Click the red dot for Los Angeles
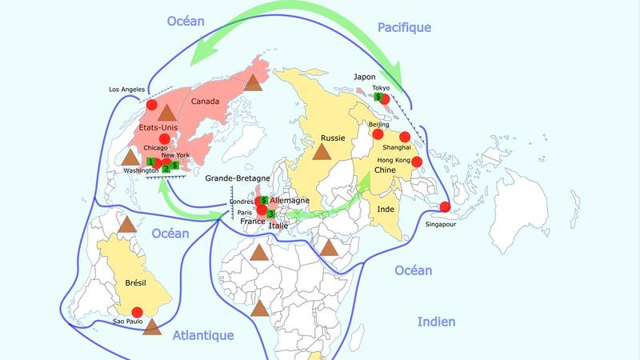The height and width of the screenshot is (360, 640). (151, 105)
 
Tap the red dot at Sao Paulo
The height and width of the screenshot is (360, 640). (137, 312)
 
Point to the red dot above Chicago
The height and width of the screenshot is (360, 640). (165, 139)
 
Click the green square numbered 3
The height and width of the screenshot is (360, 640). (270, 214)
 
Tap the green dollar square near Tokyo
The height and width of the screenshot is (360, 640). (378, 96)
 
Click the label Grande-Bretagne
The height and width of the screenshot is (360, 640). (238, 178)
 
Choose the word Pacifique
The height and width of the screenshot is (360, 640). (404, 27)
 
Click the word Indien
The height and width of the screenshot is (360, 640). (436, 322)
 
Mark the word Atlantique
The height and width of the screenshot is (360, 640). (203, 336)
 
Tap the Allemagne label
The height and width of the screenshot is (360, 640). (290, 199)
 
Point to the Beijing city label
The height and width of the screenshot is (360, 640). (378, 126)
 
